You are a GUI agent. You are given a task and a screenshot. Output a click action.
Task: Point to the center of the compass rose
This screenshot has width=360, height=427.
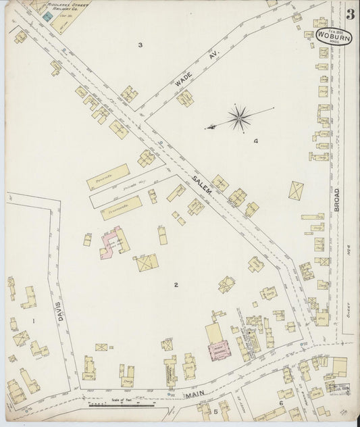(x=238, y=118)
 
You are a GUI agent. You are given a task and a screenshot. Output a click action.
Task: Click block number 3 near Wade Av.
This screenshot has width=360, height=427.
(x=140, y=45)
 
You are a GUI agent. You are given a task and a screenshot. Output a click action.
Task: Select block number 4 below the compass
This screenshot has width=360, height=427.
(x=255, y=141)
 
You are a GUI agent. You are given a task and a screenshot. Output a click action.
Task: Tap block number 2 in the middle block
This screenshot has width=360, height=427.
(x=176, y=284)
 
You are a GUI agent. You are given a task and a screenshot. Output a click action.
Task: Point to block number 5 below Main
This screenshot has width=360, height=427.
(x=216, y=411)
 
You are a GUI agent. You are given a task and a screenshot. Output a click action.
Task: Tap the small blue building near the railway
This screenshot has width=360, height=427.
(x=47, y=15)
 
